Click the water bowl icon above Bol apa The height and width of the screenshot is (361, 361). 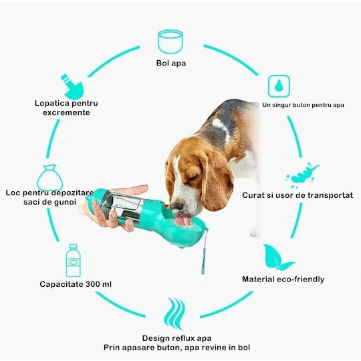170,41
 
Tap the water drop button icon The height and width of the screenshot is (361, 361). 279,86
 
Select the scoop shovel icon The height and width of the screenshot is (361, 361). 72,87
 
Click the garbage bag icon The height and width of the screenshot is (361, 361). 50,178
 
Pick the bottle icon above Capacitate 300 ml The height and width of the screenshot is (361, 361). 74,261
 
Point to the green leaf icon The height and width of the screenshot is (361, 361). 277,257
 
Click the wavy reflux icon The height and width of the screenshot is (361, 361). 174,314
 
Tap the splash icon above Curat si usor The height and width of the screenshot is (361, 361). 302,175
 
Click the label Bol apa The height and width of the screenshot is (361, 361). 171,63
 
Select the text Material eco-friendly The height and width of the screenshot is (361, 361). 283,279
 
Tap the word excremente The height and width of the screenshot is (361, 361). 66,112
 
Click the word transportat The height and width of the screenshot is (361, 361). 330,195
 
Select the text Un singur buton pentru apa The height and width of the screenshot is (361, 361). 303,105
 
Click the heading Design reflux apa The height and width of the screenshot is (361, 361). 176,338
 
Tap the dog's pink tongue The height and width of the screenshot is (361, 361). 183,221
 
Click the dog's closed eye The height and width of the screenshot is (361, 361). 193,178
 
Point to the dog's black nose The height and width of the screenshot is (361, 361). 176,205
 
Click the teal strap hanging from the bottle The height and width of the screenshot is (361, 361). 204,251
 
